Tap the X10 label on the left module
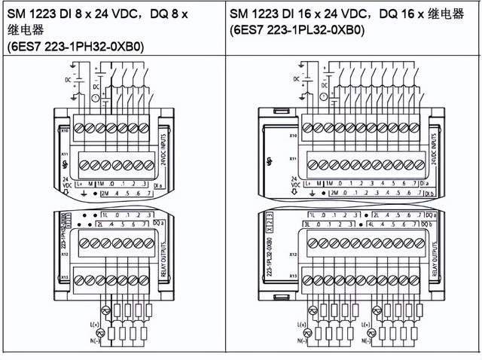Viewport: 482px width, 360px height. [66, 130]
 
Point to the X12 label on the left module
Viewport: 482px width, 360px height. [66, 254]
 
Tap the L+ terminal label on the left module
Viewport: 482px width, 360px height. [78, 183]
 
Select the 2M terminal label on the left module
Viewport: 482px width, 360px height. [104, 193]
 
